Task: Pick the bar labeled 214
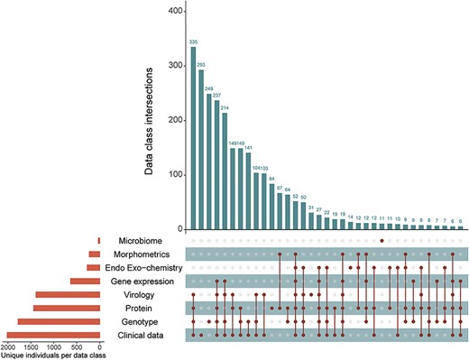click(225, 171)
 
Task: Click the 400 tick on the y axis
click(177, 12)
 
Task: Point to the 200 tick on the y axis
click(177, 120)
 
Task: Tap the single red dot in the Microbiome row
click(382, 241)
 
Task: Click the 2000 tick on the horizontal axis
click(8, 348)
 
